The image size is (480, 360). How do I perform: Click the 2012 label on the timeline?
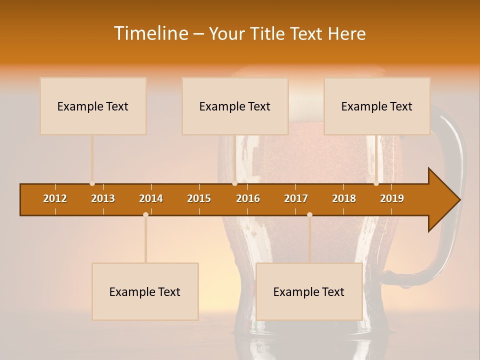tap(55, 198)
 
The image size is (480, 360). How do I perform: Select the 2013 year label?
tap(103, 198)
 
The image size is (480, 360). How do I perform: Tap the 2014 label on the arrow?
tap(151, 198)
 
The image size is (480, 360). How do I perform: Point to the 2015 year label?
tap(199, 198)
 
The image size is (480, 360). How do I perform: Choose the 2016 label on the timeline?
tap(248, 198)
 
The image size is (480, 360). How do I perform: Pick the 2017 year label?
tap(296, 198)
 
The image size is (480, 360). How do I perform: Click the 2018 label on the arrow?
tap(344, 198)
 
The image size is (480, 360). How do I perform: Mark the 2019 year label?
tap(392, 198)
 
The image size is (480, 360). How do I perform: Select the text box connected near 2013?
tap(93, 106)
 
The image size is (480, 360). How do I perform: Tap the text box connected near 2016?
tap(235, 106)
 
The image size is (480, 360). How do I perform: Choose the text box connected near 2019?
tap(377, 106)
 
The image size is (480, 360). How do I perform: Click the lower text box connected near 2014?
tap(145, 291)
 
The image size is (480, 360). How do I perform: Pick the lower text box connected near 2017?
tap(309, 291)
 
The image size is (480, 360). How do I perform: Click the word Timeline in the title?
tap(150, 33)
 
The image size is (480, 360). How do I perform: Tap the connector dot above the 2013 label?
tap(92, 183)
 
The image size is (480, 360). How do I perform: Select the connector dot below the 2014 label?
tap(145, 214)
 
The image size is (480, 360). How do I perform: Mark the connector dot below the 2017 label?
tap(309, 214)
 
